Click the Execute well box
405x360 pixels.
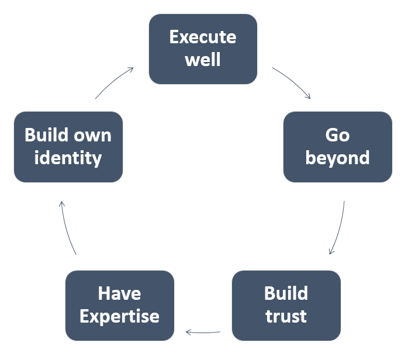(x=203, y=49)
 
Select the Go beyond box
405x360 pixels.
(x=338, y=147)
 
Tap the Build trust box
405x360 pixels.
(x=286, y=306)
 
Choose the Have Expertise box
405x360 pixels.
(x=120, y=306)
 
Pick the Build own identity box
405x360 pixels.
(x=68, y=147)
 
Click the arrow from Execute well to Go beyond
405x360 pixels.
(x=293, y=81)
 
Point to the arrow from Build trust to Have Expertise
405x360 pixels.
(x=203, y=333)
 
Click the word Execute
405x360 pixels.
(x=203, y=37)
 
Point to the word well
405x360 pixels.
(x=203, y=59)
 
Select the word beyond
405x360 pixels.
(x=338, y=158)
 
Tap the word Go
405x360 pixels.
(x=338, y=135)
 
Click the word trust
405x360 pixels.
(x=286, y=316)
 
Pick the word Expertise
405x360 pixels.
(x=120, y=317)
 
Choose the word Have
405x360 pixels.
(x=120, y=293)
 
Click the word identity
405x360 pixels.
(x=68, y=158)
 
